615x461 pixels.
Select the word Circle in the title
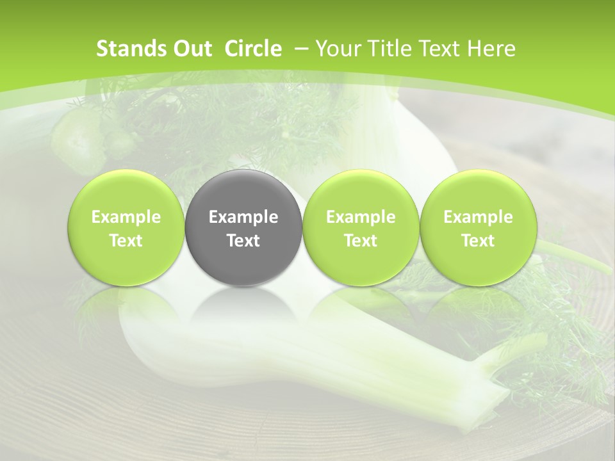coord(253,49)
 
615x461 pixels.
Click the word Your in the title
coord(336,49)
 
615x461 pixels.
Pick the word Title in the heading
coord(388,49)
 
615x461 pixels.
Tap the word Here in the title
coord(491,49)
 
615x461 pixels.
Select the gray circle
coord(243,228)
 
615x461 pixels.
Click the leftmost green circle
coord(126,228)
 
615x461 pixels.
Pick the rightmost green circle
coord(478,228)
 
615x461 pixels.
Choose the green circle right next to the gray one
coord(361,228)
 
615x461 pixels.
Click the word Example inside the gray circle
coord(243,217)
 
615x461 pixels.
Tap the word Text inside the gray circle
coord(243,241)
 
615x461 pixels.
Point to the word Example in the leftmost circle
coord(126,217)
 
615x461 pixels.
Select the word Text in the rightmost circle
coord(478,241)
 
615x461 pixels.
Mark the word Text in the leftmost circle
coord(126,241)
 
